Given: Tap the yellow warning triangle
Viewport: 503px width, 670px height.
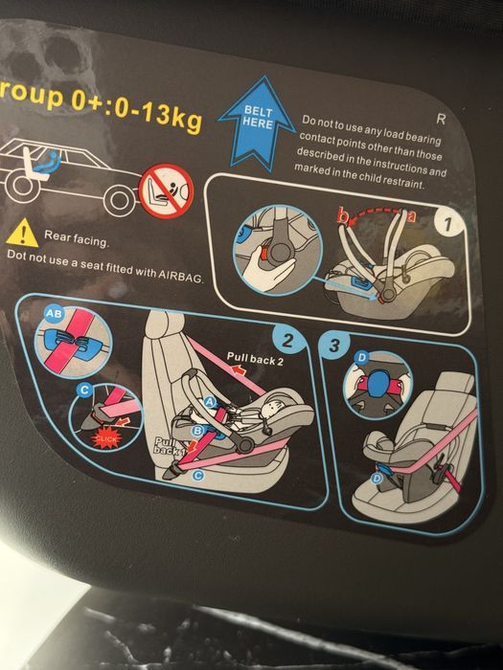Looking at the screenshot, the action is pyautogui.click(x=23, y=234).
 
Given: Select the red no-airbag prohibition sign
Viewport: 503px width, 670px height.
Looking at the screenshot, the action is pyautogui.click(x=167, y=191).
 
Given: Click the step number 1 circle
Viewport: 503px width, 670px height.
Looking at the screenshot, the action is pyautogui.click(x=447, y=224).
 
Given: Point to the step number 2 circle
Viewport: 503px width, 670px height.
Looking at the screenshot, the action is pyautogui.click(x=287, y=341).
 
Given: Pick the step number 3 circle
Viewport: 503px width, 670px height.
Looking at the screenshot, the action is pyautogui.click(x=334, y=345).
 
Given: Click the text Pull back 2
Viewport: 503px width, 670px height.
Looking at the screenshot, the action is pyautogui.click(x=255, y=359).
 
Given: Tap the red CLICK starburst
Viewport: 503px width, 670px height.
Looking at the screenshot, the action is pyautogui.click(x=106, y=438).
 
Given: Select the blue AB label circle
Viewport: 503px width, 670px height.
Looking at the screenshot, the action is pyautogui.click(x=54, y=314).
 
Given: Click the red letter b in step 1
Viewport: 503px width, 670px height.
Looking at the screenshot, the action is pyautogui.click(x=342, y=215).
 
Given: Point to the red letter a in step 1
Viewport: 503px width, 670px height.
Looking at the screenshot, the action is pyautogui.click(x=411, y=215).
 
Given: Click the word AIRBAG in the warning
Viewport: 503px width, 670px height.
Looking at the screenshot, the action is pyautogui.click(x=180, y=276).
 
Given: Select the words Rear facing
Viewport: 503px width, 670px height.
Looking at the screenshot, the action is pyautogui.click(x=77, y=239).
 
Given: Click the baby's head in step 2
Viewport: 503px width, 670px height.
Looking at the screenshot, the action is pyautogui.click(x=271, y=411).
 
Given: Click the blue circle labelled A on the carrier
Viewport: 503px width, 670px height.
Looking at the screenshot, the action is pyautogui.click(x=210, y=402).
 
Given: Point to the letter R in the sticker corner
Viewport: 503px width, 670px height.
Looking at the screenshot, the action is pyautogui.click(x=441, y=120).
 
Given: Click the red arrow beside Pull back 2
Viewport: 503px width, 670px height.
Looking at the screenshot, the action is pyautogui.click(x=240, y=370).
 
